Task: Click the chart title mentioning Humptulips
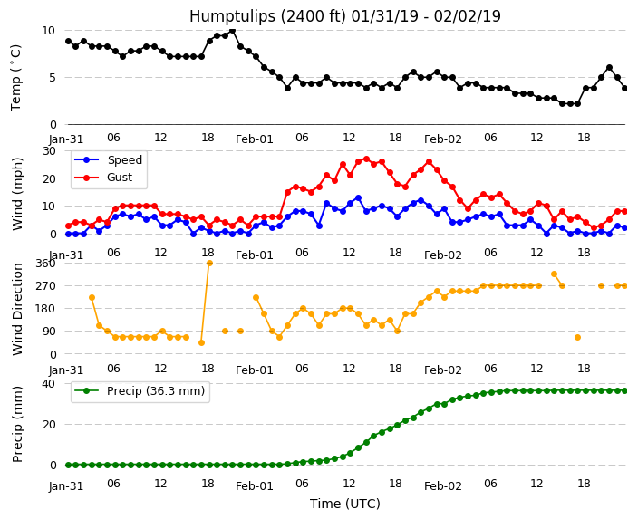pos(345,16)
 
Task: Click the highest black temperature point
pos(232,31)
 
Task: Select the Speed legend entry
pos(108,159)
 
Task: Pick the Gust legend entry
pos(103,178)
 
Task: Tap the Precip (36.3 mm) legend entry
pos(140,391)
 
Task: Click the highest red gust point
pos(367,159)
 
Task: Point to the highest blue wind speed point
pos(359,198)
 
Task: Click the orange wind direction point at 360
pos(209,264)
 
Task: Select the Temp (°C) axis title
pos(15,78)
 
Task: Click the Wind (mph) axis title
pos(17,194)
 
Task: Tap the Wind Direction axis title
pos(17,309)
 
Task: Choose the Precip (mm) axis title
pos(17,424)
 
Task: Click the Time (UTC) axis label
pos(345,504)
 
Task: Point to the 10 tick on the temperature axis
pos(48,31)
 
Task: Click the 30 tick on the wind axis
pos(49,151)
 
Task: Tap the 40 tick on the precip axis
pos(49,383)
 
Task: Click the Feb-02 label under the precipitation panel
pos(442,486)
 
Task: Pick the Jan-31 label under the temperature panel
pos(66,139)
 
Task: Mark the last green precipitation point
pos(625,391)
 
